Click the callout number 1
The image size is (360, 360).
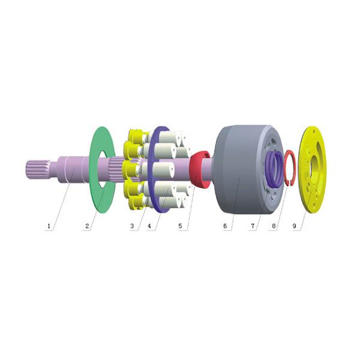[49, 226]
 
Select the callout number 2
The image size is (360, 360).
[87, 226]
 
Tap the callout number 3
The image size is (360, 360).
[132, 226]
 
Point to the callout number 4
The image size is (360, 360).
[149, 226]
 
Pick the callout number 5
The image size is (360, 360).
[180, 226]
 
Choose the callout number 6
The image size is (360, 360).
[225, 226]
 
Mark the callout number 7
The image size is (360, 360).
[253, 226]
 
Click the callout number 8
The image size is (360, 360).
[274, 226]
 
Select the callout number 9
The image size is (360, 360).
[295, 226]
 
